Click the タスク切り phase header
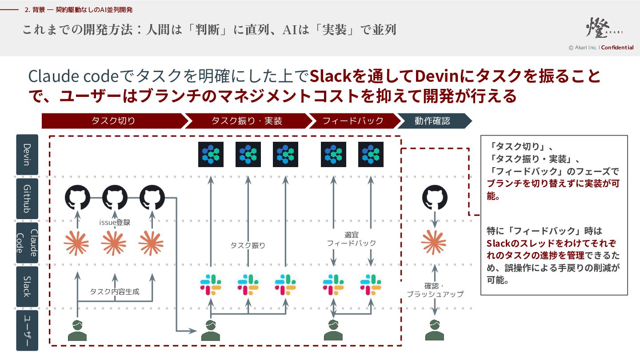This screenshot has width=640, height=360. point(114,121)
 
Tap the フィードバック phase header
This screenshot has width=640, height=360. point(353,121)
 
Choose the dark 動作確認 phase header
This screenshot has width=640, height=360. point(432,121)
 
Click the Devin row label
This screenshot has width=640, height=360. point(27,155)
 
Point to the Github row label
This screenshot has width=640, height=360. point(27,199)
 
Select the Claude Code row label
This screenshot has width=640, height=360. point(27,243)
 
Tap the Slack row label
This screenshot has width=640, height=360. point(27,287)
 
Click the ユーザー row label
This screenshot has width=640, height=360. point(27,331)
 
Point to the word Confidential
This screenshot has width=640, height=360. point(617,48)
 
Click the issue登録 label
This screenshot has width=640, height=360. point(115,222)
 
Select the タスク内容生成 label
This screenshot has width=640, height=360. point(115,292)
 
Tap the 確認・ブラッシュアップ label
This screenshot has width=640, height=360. point(435,290)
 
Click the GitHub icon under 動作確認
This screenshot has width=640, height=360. point(435,197)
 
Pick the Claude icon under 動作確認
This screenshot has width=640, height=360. point(434,243)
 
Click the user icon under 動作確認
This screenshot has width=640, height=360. point(435,330)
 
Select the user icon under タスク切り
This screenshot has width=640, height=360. point(77,331)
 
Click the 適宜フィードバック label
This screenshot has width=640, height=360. point(352,239)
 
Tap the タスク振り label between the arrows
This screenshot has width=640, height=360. point(248,245)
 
